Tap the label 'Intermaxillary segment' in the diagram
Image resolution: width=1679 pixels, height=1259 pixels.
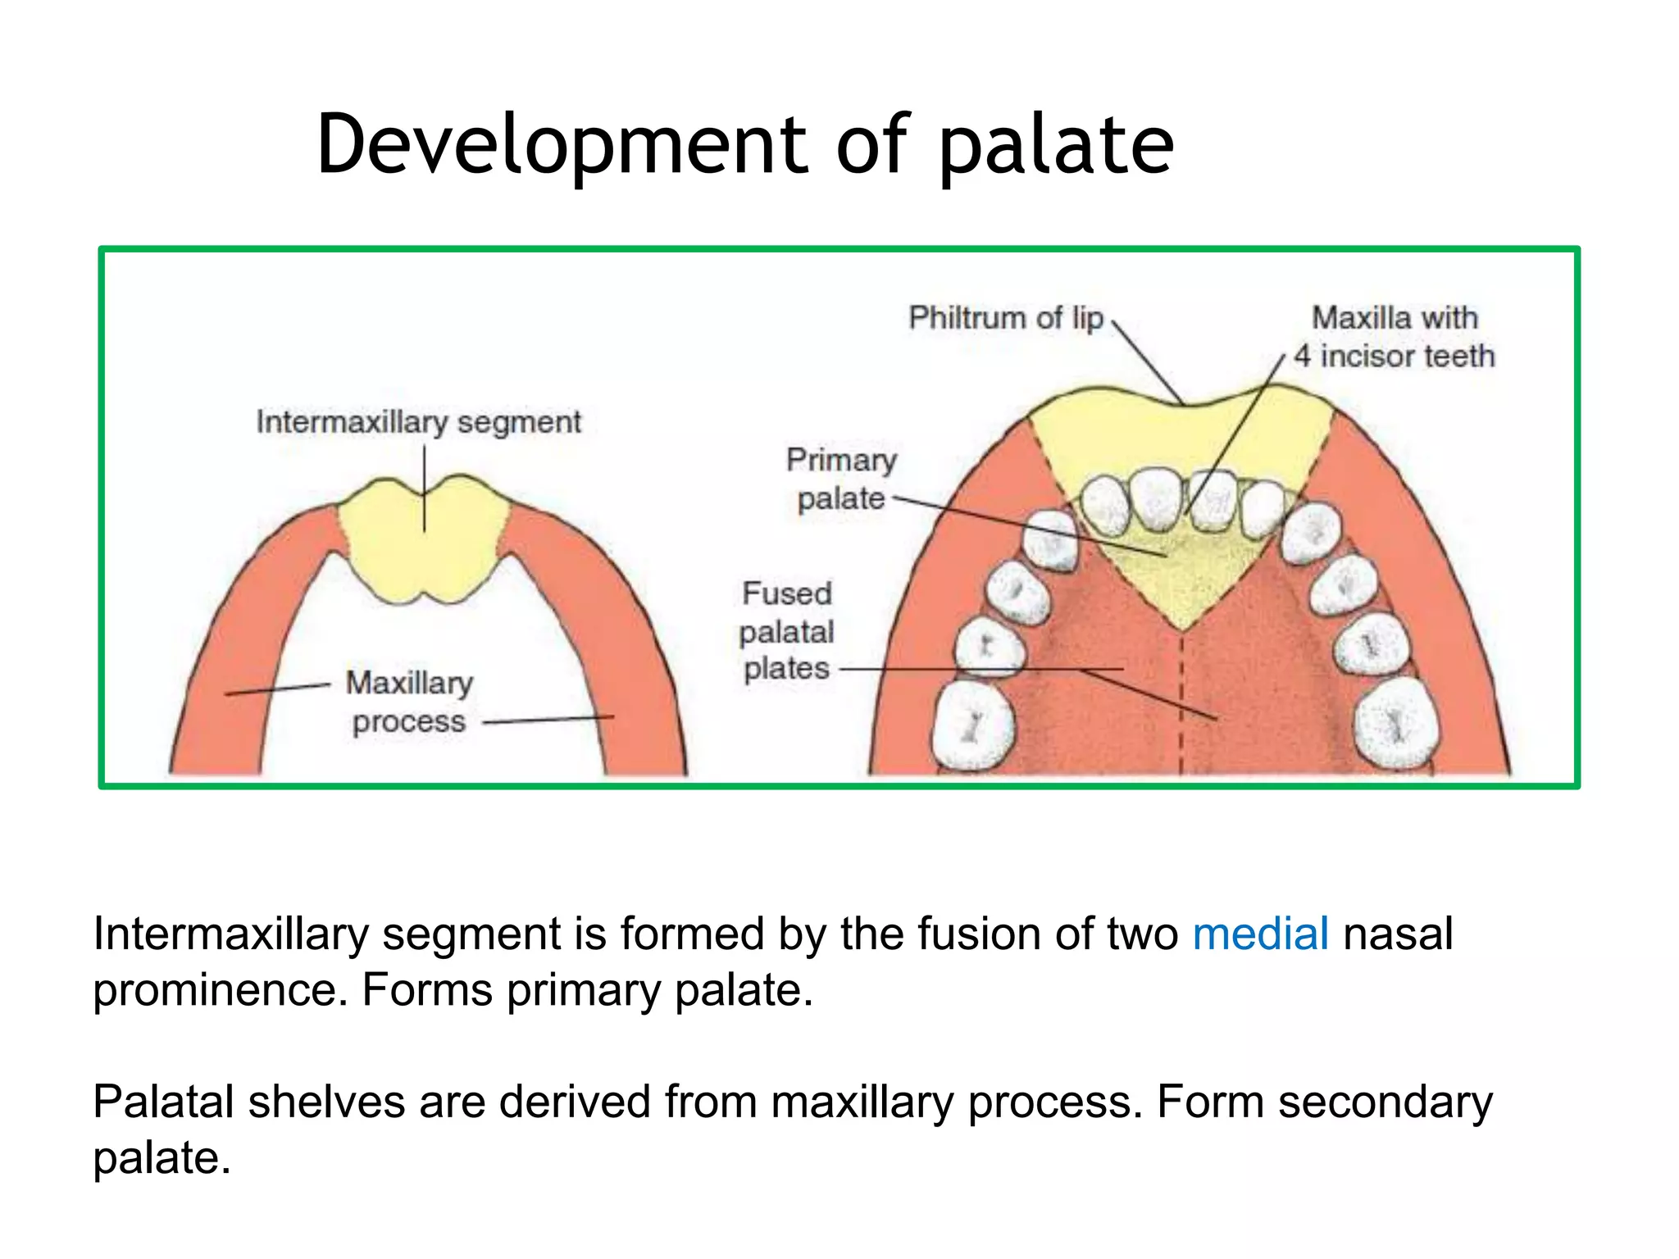coord(418,422)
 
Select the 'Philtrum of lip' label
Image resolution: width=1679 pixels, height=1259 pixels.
coord(1006,318)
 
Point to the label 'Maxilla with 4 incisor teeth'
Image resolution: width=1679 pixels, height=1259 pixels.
coord(1395,337)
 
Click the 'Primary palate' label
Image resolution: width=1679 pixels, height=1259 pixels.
coord(841,480)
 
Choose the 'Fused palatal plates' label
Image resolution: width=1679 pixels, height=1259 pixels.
coord(786,631)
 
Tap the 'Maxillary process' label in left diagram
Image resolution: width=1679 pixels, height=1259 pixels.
coord(409,702)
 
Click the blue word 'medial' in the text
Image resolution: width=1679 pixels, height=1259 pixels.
coord(1260,934)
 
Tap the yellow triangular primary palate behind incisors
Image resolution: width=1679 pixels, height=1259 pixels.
coord(1181,574)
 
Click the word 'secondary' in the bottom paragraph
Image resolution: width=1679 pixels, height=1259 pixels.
coord(1386,1102)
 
